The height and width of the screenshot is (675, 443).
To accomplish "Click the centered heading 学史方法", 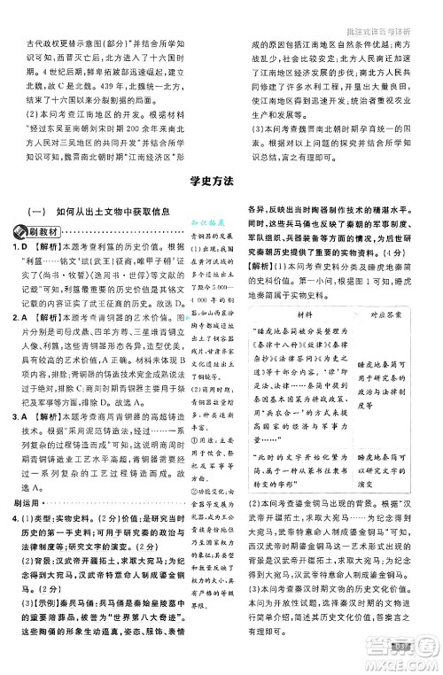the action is pos(221,182).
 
